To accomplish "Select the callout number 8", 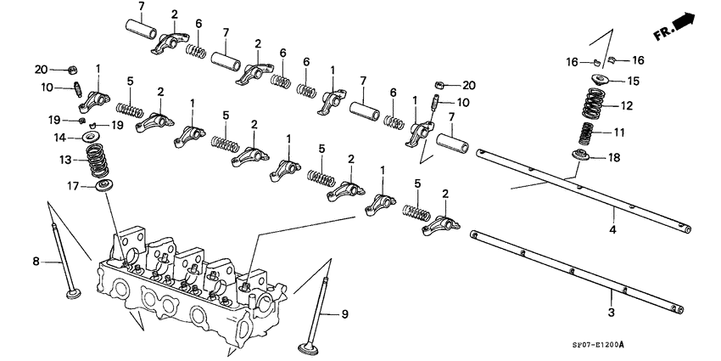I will click(36, 262).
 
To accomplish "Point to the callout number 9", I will click(345, 315).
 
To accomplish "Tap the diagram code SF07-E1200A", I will click(586, 346).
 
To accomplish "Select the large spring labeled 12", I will click(599, 105).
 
